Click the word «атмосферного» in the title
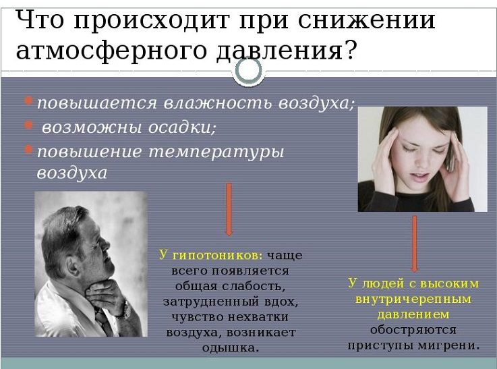tap(111, 51)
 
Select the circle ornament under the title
tap(249, 70)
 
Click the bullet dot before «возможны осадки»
tap(28, 125)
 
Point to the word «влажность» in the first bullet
tap(218, 103)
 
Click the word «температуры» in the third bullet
tap(216, 152)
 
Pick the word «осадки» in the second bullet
tap(182, 127)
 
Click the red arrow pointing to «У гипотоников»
tap(229, 209)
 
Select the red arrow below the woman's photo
tap(414, 244)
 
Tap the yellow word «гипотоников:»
tap(217, 256)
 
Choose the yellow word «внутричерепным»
tap(413, 299)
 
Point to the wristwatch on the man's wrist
tap(125, 310)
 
